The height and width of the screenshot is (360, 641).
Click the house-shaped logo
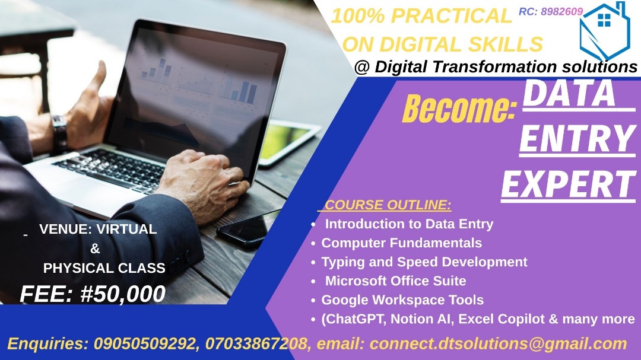[604, 31]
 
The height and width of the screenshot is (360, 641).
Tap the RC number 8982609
[561, 11]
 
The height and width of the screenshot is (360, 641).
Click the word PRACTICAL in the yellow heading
[452, 17]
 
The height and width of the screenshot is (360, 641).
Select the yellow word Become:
[459, 109]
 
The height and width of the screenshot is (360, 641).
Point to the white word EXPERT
[569, 184]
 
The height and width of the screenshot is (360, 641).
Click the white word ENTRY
[577, 139]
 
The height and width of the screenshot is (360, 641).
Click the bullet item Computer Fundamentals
[401, 243]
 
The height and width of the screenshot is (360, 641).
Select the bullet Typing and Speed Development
[424, 262]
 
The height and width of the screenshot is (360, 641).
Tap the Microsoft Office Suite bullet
[395, 281]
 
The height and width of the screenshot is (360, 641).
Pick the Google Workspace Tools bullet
[402, 300]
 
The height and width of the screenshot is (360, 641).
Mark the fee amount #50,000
[123, 294]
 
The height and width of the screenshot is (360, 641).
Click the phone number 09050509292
[145, 343]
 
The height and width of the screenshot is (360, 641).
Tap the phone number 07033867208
[256, 343]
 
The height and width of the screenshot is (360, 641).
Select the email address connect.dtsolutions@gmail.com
[498, 344]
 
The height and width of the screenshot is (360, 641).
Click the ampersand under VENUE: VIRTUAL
[95, 249]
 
